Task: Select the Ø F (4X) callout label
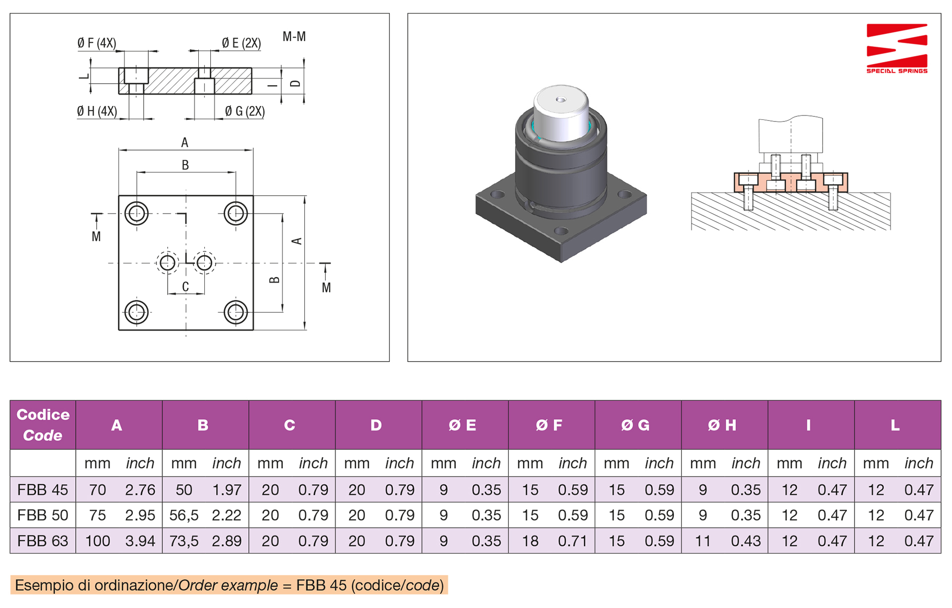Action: click(x=97, y=43)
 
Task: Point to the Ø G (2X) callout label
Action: click(x=244, y=111)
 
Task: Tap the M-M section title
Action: click(x=294, y=37)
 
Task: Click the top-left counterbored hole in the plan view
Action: click(x=136, y=214)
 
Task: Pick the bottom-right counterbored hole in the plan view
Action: click(x=236, y=312)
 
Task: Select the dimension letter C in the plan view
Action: click(x=185, y=286)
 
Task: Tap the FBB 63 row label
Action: click(x=43, y=541)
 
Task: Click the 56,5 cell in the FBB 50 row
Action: click(x=183, y=515)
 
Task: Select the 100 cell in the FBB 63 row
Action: click(x=98, y=541)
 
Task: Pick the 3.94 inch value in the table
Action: click(x=140, y=541)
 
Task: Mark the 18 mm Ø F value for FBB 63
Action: click(x=530, y=541)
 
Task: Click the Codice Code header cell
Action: click(x=43, y=425)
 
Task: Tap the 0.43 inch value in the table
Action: click(x=746, y=541)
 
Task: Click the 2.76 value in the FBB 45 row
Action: click(x=140, y=490)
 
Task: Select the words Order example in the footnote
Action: click(x=228, y=585)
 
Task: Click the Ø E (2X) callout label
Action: click(x=241, y=43)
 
